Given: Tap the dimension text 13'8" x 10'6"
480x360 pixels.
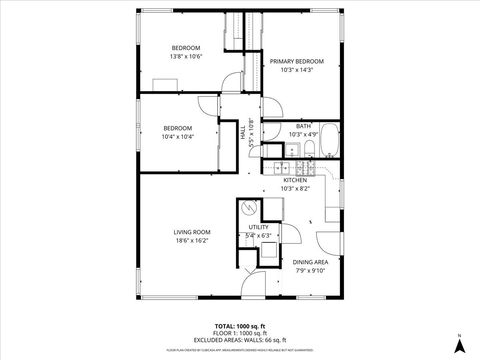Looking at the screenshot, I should pos(186,57).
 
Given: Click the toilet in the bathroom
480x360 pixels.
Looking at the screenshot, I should pos(310,149).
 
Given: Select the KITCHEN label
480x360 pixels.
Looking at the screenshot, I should pos(295,180).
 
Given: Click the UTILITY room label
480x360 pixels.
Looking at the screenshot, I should pos(259,228).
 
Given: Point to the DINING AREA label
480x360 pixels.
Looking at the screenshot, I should pos(309,261).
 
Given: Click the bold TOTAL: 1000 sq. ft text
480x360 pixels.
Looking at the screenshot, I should pos(240,327).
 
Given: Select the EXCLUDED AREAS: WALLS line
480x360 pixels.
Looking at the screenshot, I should pos(240,340).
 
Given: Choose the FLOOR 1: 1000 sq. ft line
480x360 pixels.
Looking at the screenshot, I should pos(240,334).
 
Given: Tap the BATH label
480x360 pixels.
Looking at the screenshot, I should pos(303,126).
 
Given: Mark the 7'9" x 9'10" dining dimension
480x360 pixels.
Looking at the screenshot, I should pos(309,269).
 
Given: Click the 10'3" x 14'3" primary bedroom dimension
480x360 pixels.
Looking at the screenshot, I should pos(297,70).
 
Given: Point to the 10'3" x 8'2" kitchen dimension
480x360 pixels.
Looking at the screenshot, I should pos(295,188).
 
